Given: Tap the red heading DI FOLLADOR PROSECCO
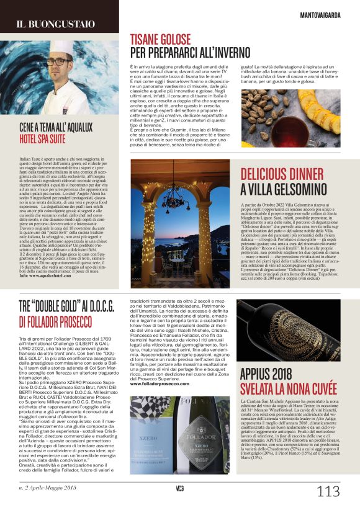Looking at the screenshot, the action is click(x=59, y=321).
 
